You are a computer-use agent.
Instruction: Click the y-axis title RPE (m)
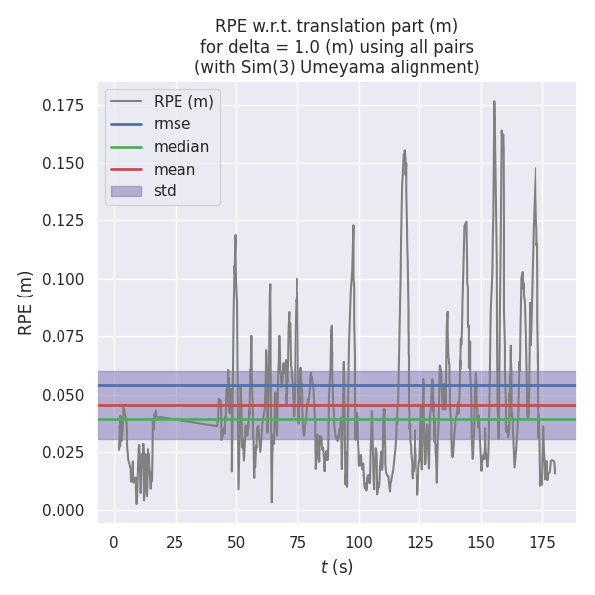[26, 302]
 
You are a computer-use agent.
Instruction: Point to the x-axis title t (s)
[337, 567]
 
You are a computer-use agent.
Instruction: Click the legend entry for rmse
[172, 124]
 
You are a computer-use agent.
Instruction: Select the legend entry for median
[180, 147]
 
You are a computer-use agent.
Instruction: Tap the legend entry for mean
[175, 169]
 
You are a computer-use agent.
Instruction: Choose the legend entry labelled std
[165, 190]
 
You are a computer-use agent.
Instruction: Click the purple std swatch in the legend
[127, 190]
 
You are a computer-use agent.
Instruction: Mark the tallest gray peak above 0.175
[494, 101]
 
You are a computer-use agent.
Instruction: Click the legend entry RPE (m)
[183, 102]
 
